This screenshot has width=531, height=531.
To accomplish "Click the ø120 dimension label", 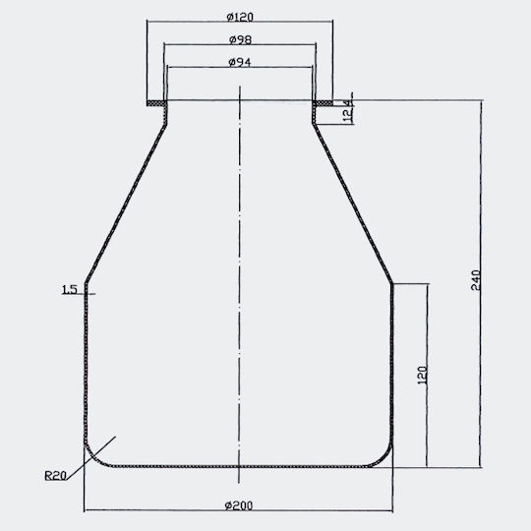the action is pos(240,17).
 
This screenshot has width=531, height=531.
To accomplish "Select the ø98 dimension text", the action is pos(240,39).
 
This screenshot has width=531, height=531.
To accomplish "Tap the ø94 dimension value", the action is pos(240,62).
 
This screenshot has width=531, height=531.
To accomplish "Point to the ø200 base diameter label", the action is pos(239,505).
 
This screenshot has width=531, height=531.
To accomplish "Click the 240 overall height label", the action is pos(476,279).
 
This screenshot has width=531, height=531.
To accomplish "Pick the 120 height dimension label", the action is pos(423,375).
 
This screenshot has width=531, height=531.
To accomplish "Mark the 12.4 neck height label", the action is pos(348,111).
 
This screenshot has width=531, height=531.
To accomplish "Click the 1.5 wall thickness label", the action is pos(70,289).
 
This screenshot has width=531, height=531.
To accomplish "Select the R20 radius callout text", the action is pos(55,476).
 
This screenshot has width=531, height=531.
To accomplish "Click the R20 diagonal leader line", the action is pos(91,458).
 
